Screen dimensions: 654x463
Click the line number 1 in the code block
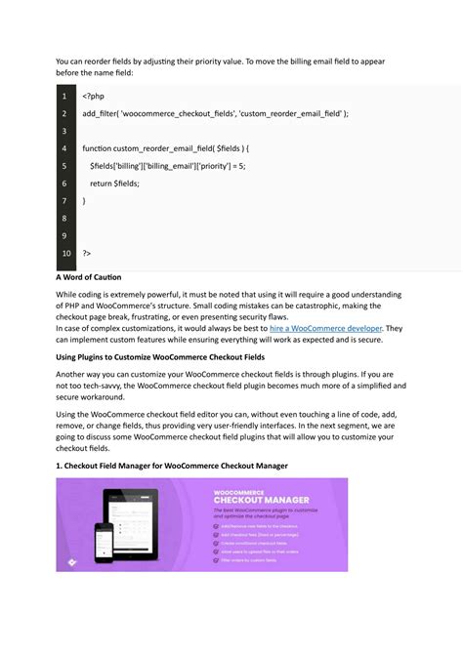pos(64,97)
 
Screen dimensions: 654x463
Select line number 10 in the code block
pos(64,254)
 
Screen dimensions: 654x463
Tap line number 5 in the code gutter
pos(64,166)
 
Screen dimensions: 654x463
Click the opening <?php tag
pos(94,97)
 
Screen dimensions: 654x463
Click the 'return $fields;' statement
pos(114,184)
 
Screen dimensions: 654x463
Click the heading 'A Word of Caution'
pos(87,277)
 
